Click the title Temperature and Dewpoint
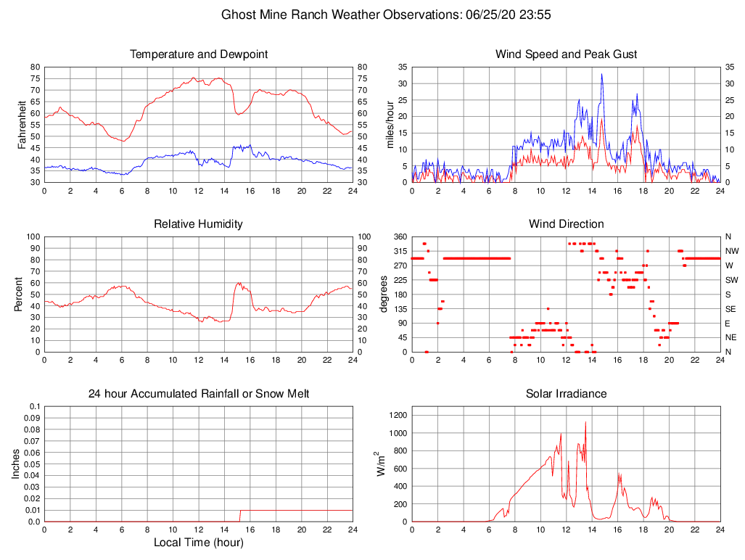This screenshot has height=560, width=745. [x=198, y=54]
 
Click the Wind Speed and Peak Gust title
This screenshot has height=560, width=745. [x=566, y=54]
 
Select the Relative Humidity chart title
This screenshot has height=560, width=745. [x=198, y=224]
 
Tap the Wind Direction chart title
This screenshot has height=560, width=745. [x=566, y=224]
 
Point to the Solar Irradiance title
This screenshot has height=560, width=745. [x=566, y=394]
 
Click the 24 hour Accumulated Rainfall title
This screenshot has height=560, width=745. [x=198, y=394]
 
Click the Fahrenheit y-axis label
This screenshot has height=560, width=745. [x=22, y=125]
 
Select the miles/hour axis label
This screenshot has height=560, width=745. [x=390, y=125]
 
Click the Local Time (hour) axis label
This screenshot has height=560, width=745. [x=198, y=543]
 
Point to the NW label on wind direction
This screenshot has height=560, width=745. [x=730, y=251]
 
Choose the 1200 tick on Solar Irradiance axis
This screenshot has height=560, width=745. [x=398, y=416]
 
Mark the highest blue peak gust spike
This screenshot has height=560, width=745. [x=601, y=74]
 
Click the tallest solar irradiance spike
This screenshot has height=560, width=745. [x=585, y=422]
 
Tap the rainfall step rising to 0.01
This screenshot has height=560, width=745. [x=240, y=515]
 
